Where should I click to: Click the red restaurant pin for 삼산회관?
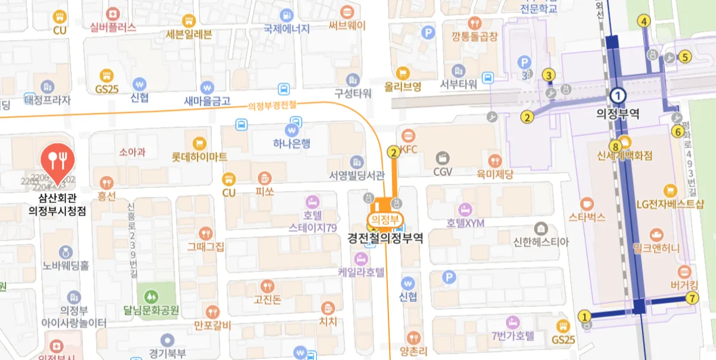click(57, 160)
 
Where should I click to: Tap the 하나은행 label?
click(292, 144)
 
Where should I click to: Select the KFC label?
click(409, 149)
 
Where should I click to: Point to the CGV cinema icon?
click(443, 158)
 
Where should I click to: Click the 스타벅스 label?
click(587, 217)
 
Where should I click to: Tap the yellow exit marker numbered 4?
click(644, 21)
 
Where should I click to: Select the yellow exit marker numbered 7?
click(692, 299)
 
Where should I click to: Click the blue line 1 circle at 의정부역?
click(618, 95)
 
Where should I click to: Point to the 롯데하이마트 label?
click(199, 158)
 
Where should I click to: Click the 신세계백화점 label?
click(625, 156)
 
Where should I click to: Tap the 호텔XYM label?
click(465, 223)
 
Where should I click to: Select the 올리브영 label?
click(403, 87)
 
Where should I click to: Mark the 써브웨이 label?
click(347, 26)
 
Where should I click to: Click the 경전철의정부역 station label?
click(385, 238)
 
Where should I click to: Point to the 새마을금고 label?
click(207, 101)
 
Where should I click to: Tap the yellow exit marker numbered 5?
click(685, 57)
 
